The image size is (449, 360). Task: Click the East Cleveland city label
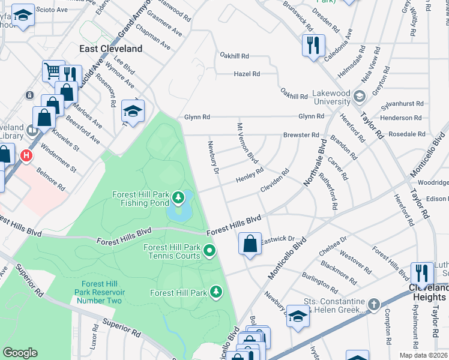pyautogui.click(x=112, y=49)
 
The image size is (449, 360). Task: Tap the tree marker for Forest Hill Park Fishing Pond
pyautogui.click(x=178, y=197)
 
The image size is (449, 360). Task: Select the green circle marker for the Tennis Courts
pyautogui.click(x=209, y=250)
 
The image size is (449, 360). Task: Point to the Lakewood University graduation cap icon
pyautogui.click(x=359, y=96)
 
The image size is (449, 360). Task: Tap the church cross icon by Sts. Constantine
pyautogui.click(x=374, y=304)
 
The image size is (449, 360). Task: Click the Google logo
pyautogui.click(x=20, y=353)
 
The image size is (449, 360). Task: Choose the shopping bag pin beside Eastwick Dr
pyautogui.click(x=250, y=244)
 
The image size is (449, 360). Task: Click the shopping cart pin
pyautogui.click(x=53, y=71)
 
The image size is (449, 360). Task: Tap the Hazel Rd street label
pyautogui.click(x=247, y=74)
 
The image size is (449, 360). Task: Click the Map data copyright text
pyautogui.click(x=423, y=355)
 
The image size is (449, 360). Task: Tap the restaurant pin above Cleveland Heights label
pyautogui.click(x=422, y=273)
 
